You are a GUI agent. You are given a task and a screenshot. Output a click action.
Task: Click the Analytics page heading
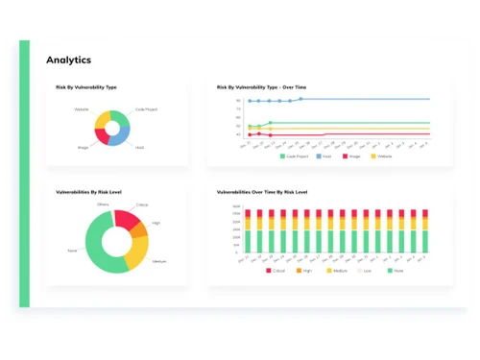[x=69, y=60]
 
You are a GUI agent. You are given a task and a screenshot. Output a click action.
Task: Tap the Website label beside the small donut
[x=82, y=109]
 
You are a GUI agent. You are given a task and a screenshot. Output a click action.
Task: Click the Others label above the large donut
[x=103, y=204]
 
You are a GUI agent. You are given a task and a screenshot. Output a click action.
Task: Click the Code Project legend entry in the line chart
[x=294, y=156]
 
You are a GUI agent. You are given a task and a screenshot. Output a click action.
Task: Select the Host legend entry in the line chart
[x=324, y=156]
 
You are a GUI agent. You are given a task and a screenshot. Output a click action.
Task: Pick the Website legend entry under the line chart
[x=382, y=156]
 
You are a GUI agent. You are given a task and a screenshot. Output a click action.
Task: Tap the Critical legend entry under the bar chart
[x=277, y=271]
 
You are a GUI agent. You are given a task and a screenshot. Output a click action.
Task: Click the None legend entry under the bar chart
[x=394, y=271]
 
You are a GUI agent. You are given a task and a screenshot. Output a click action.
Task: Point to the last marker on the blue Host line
[x=300, y=99]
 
